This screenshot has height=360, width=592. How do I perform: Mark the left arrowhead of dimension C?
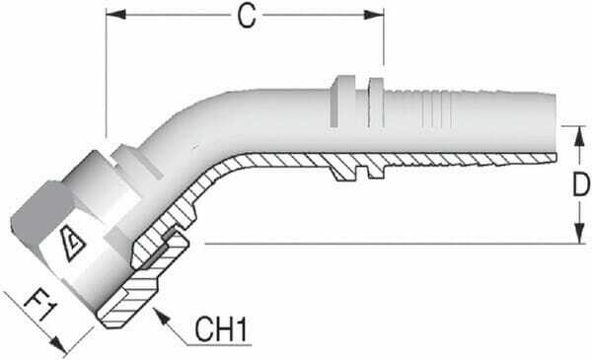point(111,15)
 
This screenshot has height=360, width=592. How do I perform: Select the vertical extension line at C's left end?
point(105,79)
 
